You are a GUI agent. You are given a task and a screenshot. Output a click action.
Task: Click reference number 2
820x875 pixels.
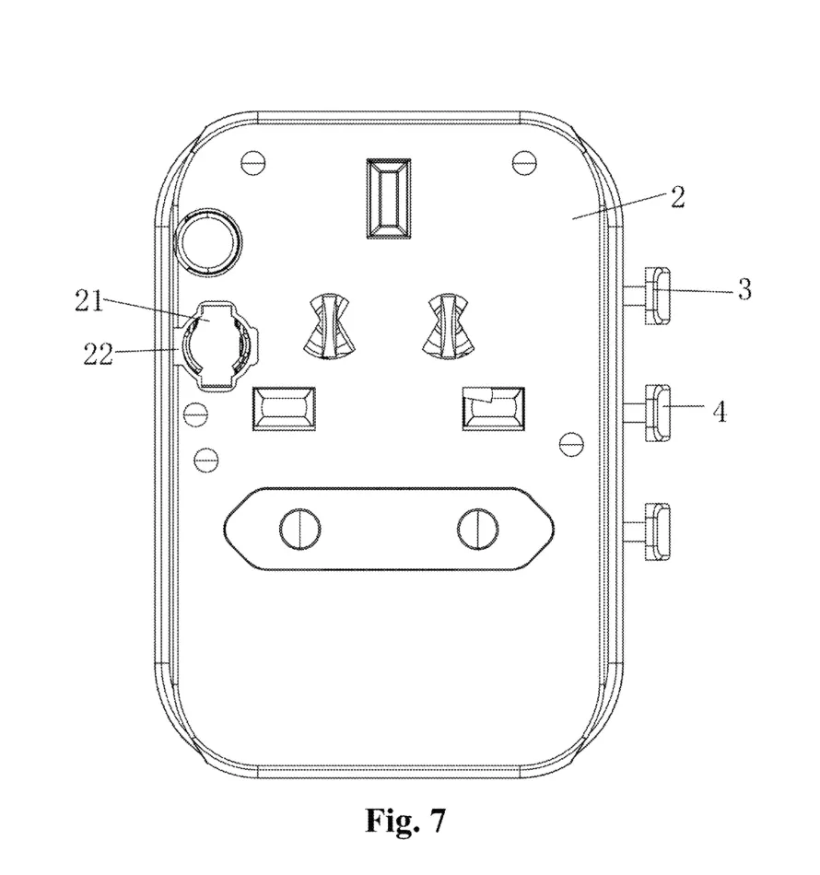(x=677, y=197)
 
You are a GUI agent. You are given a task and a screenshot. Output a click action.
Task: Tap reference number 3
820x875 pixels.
(x=744, y=289)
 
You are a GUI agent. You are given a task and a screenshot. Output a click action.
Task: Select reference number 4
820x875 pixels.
(x=720, y=413)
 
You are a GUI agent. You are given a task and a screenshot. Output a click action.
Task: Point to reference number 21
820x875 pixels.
(x=89, y=302)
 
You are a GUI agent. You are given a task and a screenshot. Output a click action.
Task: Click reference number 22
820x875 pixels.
(x=98, y=355)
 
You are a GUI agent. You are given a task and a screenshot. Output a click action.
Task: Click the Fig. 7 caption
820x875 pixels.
(x=405, y=821)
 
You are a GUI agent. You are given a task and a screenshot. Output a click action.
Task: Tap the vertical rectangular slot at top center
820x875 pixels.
(x=389, y=199)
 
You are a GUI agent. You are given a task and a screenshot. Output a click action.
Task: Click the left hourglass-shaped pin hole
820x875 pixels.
(x=329, y=325)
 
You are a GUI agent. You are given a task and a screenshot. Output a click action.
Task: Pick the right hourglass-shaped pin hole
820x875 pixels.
(x=449, y=325)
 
